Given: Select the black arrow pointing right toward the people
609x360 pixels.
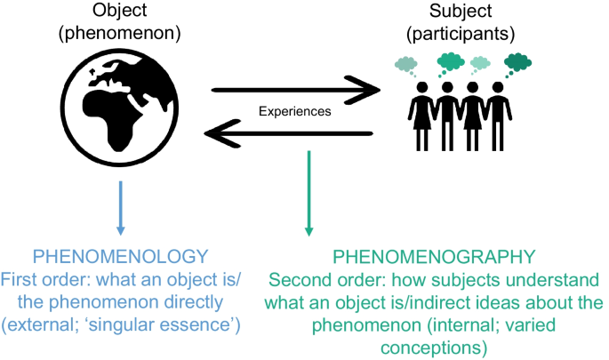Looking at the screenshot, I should [294, 90].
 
